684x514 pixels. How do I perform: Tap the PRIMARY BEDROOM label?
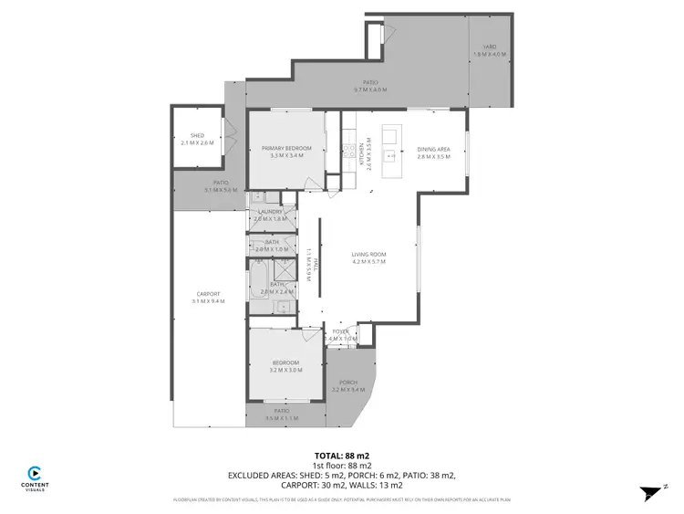tap(286, 148)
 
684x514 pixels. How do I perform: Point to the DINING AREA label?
tap(433, 149)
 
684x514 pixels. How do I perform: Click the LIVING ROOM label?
tap(369, 254)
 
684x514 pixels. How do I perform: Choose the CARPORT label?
tap(208, 293)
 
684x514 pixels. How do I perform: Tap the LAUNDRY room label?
tap(270, 212)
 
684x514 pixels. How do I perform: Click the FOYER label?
tap(340, 331)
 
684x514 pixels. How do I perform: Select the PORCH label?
tap(347, 382)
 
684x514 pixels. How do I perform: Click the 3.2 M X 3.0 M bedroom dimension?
tap(285, 370)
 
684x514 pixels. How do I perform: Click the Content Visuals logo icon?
tap(34, 473)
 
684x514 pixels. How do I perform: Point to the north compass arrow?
tap(652, 492)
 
